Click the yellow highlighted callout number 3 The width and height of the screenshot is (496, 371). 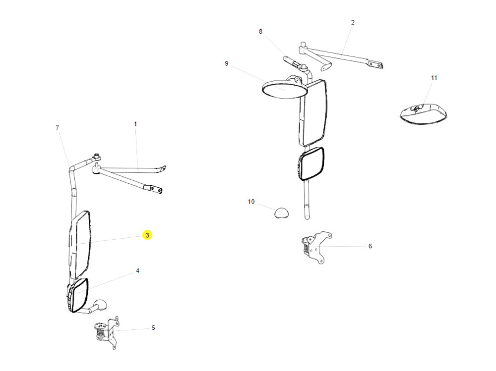pos(147,235)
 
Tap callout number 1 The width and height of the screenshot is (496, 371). pos(135,124)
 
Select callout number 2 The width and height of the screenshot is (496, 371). pos(353,22)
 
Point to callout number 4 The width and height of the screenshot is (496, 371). pos(137,271)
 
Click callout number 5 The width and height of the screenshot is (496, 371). pos(153,327)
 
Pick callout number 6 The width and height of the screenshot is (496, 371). pos(370,246)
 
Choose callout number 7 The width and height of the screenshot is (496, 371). pos(57,128)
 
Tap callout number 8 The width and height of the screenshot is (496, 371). pos(260,32)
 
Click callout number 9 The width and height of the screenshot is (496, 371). pos(226,63)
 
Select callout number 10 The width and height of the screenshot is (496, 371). pos(251,202)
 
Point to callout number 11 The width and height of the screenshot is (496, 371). pos(434,78)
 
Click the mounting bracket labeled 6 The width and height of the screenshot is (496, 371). pos(313,246)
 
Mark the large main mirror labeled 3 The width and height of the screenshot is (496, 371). pos(80,244)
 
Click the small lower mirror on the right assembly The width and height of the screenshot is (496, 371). pos(311,164)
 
